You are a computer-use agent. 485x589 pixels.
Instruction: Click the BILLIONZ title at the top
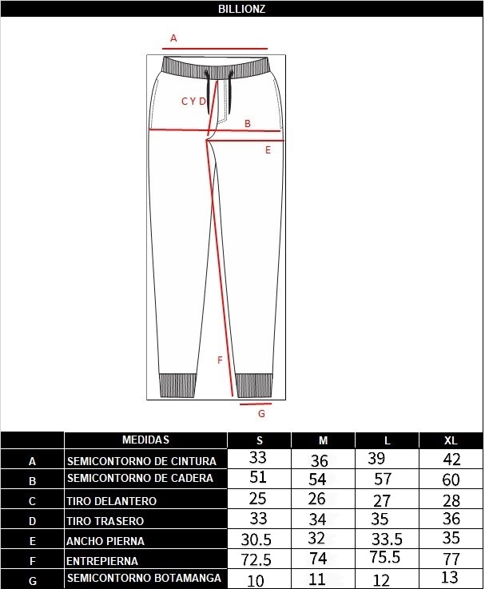(241, 9)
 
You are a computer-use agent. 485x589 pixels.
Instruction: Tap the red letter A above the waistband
(173, 38)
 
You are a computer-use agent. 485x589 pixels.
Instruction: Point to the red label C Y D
(194, 101)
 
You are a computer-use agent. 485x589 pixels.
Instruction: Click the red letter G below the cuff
(261, 413)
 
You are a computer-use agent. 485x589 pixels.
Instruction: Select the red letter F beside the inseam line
(221, 360)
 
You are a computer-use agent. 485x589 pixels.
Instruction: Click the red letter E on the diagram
(268, 150)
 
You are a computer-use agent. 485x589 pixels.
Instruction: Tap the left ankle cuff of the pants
(177, 385)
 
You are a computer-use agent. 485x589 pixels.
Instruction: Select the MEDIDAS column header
(145, 440)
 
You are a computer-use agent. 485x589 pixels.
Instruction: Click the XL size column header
(451, 440)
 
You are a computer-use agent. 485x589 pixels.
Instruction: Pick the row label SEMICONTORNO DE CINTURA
(141, 461)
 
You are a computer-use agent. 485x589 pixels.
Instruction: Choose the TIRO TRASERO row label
(105, 521)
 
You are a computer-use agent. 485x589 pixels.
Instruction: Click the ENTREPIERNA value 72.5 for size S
(256, 559)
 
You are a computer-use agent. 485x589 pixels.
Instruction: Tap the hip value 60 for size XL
(451, 480)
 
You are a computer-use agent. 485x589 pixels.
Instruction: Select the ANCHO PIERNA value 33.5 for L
(387, 539)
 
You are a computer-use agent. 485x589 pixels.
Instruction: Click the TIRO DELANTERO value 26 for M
(316, 499)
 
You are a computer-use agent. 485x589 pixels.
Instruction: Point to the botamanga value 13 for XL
(450, 577)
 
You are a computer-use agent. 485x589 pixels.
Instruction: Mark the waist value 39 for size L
(376, 458)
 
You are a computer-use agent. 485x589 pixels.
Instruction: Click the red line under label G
(256, 404)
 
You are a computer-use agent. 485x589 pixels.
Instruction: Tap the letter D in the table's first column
(32, 521)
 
